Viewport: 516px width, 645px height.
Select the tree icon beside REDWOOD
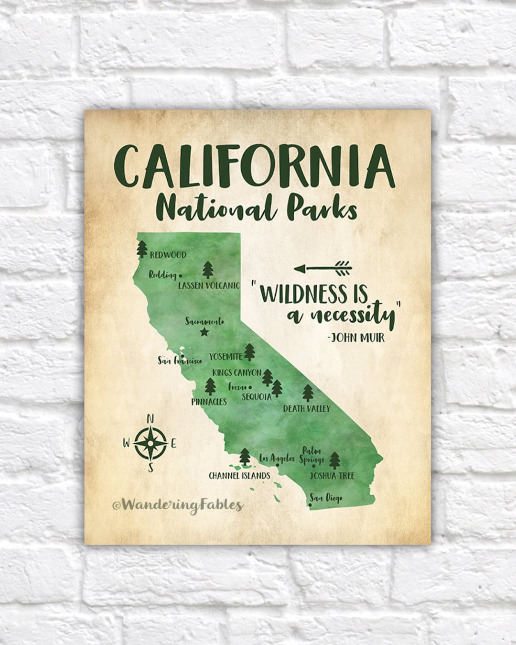tap(142, 249)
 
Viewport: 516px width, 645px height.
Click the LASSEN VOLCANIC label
tap(209, 285)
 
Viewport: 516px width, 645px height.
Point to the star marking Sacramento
tap(204, 332)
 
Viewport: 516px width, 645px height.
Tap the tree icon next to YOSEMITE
tap(249, 352)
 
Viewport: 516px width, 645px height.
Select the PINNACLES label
tap(209, 402)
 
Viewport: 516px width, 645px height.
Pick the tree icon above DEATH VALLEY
tap(308, 393)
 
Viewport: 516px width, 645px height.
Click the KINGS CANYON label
tap(237, 372)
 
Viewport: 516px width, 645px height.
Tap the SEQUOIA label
tap(257, 396)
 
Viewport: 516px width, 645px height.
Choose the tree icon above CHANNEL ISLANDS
tap(245, 457)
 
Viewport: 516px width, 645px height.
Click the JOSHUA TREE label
tap(332, 476)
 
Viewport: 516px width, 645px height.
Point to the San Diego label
tap(326, 499)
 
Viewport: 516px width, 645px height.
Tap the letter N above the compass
tap(150, 420)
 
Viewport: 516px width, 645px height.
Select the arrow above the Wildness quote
tap(322, 268)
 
